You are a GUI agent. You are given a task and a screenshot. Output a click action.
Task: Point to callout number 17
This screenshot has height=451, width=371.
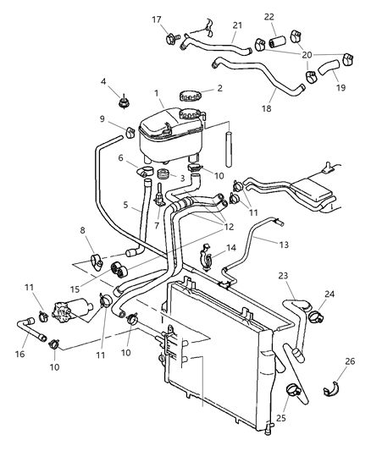[x=157, y=19]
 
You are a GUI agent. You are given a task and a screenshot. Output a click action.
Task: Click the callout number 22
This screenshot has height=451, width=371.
[x=269, y=17]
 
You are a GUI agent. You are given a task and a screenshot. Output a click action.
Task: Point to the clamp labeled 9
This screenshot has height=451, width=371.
[x=131, y=132]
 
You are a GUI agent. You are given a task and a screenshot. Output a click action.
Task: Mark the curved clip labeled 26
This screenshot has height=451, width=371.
[x=331, y=390]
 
